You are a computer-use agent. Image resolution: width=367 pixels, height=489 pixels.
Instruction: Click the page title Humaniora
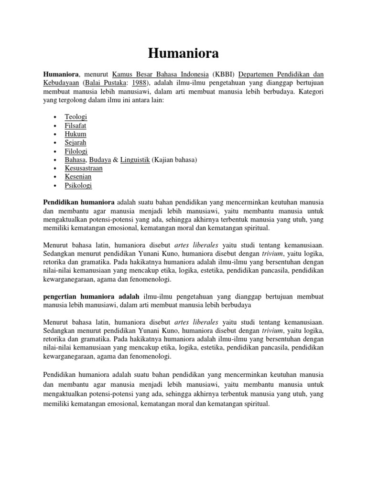point(183,54)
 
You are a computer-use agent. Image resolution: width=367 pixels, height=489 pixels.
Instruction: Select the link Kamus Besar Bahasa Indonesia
point(161,74)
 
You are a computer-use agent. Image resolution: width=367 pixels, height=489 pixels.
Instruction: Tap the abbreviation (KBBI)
point(223,74)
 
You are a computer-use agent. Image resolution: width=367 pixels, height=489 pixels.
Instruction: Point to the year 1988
point(139,83)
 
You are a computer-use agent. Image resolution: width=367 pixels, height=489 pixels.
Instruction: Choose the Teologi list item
point(76,117)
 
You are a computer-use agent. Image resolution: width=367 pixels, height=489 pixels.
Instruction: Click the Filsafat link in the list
point(76,126)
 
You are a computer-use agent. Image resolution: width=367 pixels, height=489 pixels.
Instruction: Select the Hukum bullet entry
point(76,134)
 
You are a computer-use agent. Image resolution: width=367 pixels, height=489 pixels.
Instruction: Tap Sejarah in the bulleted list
point(76,143)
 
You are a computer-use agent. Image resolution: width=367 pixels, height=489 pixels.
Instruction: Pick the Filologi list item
point(76,151)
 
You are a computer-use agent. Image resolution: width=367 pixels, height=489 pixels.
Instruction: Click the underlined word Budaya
point(100,160)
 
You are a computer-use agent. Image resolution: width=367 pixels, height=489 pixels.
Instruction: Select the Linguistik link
point(135,160)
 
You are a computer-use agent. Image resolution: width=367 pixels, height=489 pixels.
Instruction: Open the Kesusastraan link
point(84,169)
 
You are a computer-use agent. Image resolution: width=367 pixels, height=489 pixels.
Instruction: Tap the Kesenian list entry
point(78,177)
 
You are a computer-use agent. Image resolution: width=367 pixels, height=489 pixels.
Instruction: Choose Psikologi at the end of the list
point(78,186)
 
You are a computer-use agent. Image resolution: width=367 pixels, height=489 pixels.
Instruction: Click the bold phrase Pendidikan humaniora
point(79,202)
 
